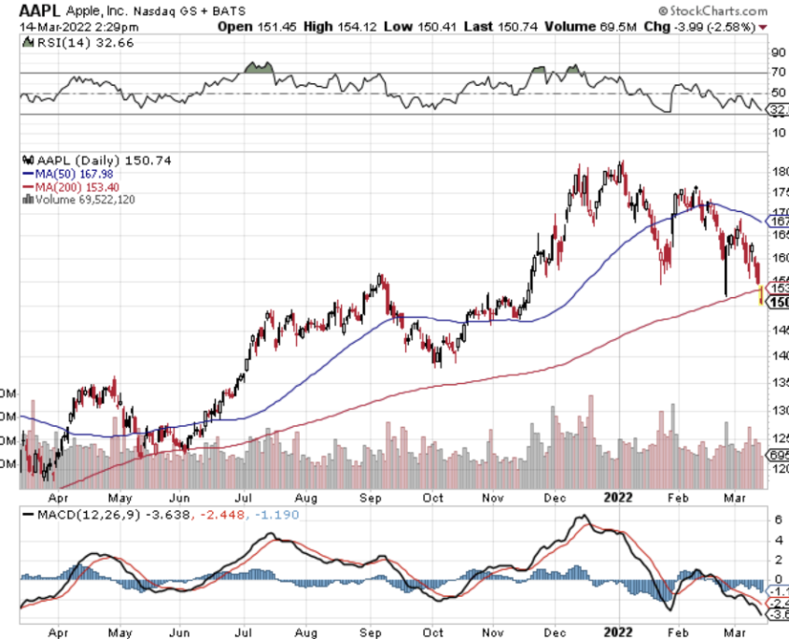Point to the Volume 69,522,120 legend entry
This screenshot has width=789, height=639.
pyautogui.click(x=82, y=198)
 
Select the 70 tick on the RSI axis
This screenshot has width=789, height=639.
pyautogui.click(x=777, y=72)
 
